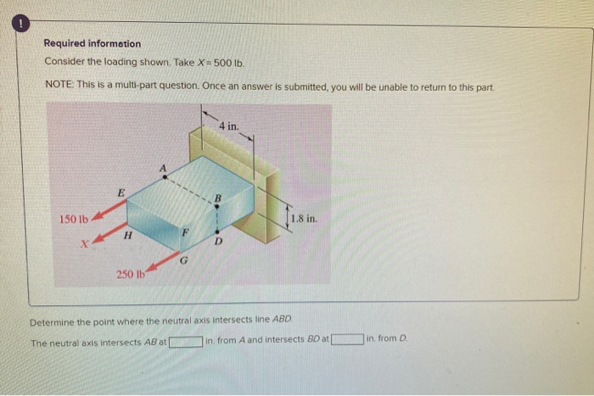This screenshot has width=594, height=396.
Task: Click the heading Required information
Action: point(92,44)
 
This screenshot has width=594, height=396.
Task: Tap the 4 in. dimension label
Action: point(229,125)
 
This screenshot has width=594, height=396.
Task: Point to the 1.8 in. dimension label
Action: point(303,219)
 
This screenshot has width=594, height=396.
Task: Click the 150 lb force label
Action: point(74,220)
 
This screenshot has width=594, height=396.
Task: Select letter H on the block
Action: point(127,237)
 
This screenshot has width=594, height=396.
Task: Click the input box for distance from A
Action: point(186,343)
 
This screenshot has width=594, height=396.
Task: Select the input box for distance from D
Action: point(349,343)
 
